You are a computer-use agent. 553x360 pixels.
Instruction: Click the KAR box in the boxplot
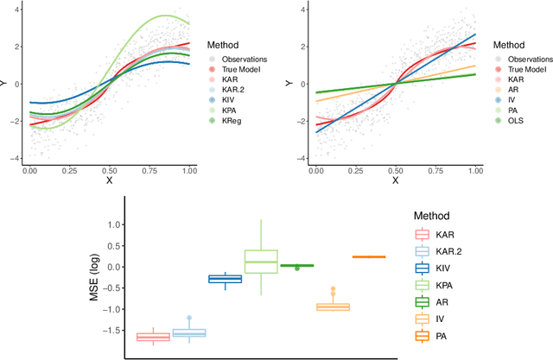coord(153,336)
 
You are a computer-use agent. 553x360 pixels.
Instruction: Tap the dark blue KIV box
coord(225,278)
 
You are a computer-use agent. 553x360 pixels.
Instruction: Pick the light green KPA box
coord(261,261)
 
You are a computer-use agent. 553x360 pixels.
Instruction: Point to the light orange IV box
coord(333,306)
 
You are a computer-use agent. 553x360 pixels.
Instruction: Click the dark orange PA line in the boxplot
coord(369,256)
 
